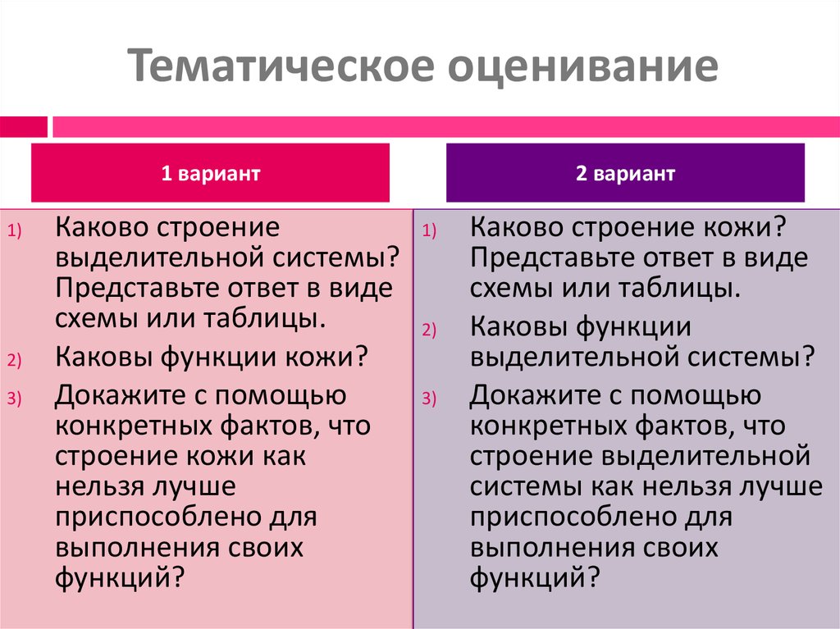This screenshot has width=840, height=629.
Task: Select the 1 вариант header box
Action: [210, 173]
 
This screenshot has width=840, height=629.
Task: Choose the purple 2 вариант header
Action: [625, 173]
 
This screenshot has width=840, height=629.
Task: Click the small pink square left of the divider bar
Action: [23, 126]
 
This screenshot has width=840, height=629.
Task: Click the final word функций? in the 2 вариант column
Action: [530, 577]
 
